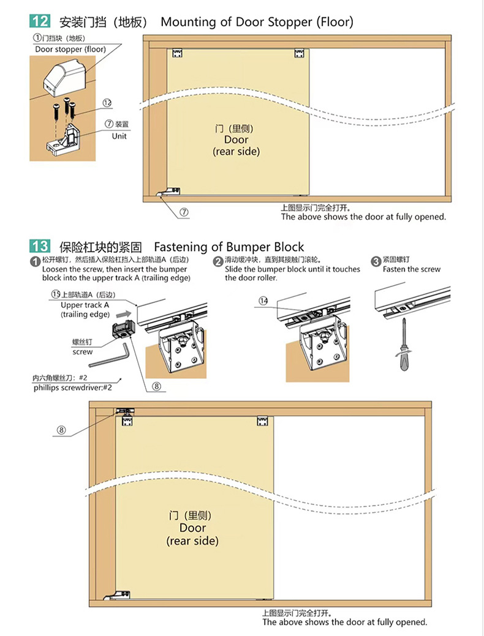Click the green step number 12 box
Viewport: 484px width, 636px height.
tap(40, 21)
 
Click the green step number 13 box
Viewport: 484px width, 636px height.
tap(40, 246)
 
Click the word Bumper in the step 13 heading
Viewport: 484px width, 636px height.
tap(248, 247)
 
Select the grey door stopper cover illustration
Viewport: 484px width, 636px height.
tap(65, 78)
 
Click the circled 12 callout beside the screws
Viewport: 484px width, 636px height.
tap(107, 103)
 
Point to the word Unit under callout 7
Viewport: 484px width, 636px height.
tap(119, 137)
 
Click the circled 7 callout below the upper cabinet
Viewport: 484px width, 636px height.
tap(184, 212)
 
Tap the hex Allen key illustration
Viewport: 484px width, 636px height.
tap(110, 355)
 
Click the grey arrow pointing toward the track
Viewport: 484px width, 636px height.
tap(124, 314)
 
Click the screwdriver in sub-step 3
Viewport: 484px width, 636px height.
tap(404, 345)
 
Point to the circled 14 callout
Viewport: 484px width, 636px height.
tap(263, 301)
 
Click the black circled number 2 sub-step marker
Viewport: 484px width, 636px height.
tap(218, 261)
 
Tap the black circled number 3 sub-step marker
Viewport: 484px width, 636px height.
tap(376, 261)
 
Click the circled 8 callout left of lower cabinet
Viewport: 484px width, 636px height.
tap(61, 430)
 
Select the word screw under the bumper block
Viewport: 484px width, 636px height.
tap(83, 352)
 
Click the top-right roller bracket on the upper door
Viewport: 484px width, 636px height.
tap(299, 53)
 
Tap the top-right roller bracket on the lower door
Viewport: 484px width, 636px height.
tap(263, 421)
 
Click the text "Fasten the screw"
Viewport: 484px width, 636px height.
tap(411, 269)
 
